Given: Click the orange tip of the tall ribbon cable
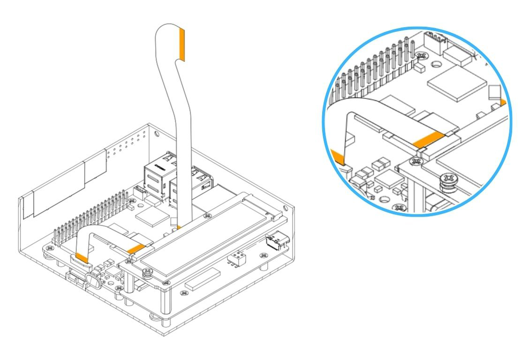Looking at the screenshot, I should pyautogui.click(x=182, y=45).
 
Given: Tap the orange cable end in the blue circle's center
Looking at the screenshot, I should pyautogui.click(x=427, y=138).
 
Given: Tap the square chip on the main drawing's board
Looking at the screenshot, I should pyautogui.click(x=151, y=217).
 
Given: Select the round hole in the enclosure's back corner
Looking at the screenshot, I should pyautogui.click(x=157, y=135).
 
